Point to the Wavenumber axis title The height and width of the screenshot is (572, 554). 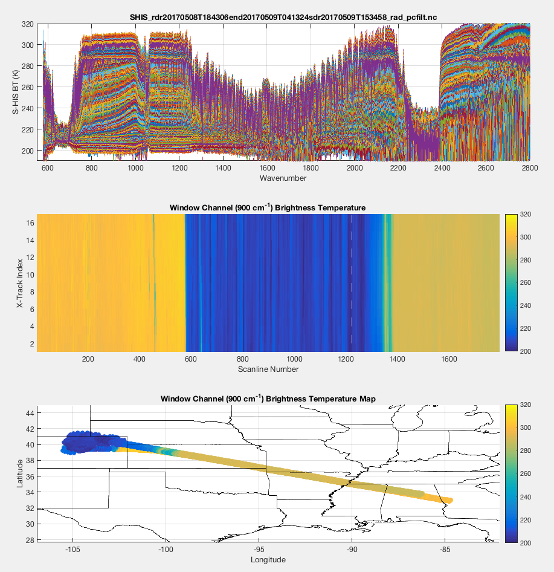[x=283, y=178]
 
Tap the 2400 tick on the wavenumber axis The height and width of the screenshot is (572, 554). [x=442, y=168]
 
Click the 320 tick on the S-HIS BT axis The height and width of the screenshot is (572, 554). [x=28, y=24]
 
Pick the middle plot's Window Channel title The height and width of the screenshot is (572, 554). [x=268, y=207]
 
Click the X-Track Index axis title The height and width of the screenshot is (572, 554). [x=19, y=282]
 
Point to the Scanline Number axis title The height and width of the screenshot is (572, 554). [x=268, y=369]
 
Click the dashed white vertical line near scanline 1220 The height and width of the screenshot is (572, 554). [x=352, y=282]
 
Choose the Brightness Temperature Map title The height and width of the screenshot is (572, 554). [x=268, y=399]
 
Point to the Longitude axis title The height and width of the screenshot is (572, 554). [x=268, y=560]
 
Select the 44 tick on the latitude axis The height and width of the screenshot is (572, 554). [x=29, y=413]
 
